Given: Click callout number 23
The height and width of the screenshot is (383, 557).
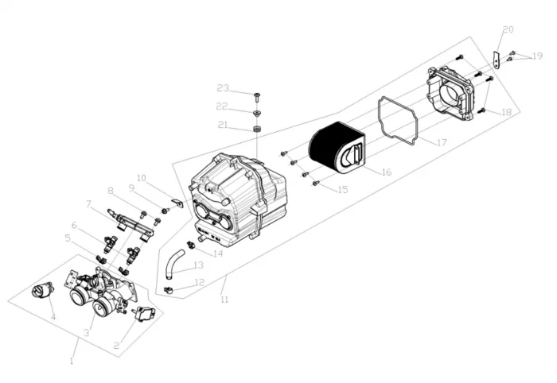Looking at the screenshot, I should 223,87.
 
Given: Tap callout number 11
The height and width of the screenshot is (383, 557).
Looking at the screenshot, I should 224,300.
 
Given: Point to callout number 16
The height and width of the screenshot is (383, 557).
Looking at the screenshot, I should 386,172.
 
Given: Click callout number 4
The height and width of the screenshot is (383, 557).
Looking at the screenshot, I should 53,317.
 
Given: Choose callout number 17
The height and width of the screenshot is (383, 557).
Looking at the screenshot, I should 442,142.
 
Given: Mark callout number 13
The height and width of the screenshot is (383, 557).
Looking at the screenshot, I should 198,265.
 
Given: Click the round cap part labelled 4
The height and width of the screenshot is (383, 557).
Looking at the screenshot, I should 39,292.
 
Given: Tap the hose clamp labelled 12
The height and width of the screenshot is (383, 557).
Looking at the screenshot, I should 169,288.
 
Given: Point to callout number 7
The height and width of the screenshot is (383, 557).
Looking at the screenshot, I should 89,203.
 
